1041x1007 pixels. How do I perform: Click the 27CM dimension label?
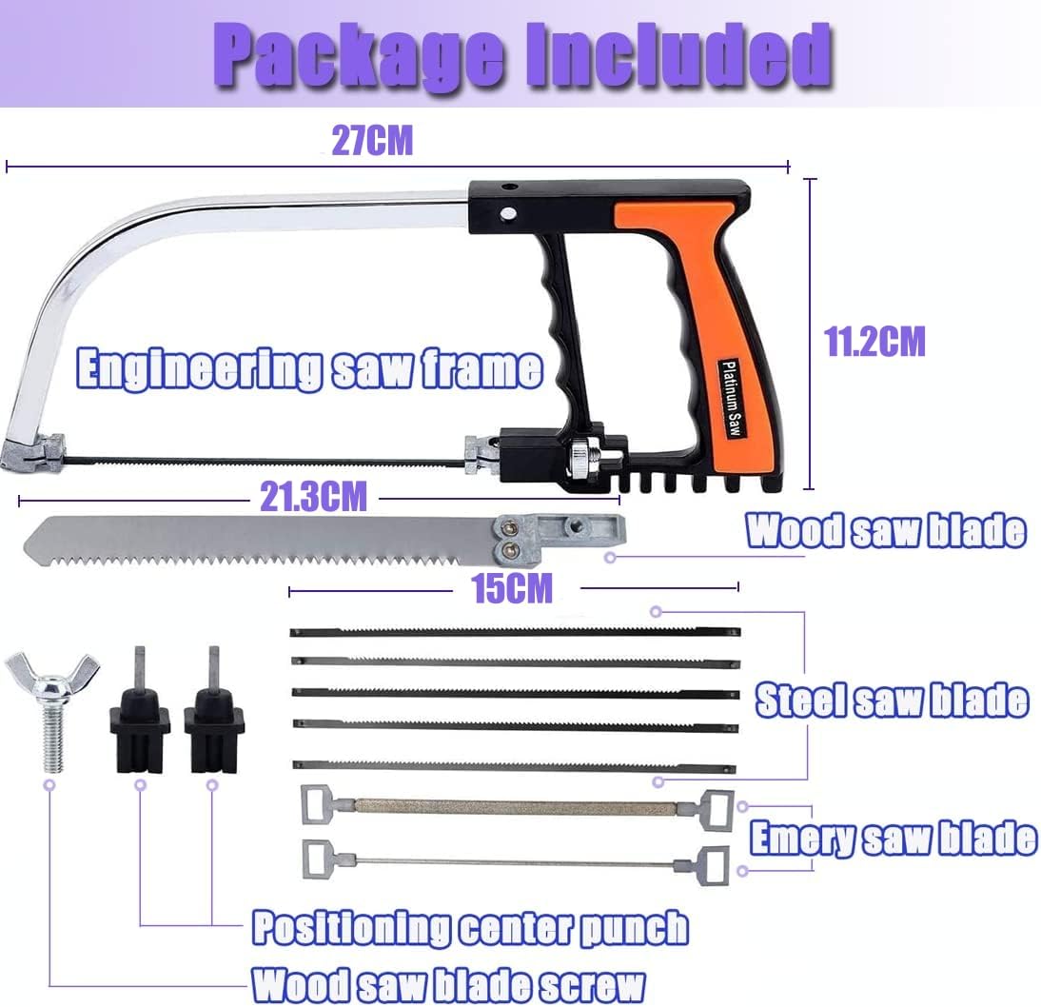[x=372, y=140]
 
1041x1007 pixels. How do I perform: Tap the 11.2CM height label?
[x=874, y=342]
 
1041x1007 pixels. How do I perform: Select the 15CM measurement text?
[x=512, y=588]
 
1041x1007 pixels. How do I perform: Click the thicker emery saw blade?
[x=518, y=806]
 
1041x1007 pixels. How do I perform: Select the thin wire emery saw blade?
[x=515, y=862]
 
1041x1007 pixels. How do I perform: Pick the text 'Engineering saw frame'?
[x=309, y=368]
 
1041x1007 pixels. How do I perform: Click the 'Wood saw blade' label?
[x=886, y=531]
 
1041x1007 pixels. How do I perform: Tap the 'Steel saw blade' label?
[x=892, y=701]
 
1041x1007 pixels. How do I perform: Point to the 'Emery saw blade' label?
[x=893, y=839]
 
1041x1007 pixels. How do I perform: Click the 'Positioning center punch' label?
[x=470, y=927]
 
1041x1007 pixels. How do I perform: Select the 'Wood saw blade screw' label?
[x=448, y=984]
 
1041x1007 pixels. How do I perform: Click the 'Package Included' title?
[x=522, y=56]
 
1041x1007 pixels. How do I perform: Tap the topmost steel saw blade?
[x=515, y=632]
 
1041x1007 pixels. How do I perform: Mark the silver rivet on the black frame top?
[x=508, y=213]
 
